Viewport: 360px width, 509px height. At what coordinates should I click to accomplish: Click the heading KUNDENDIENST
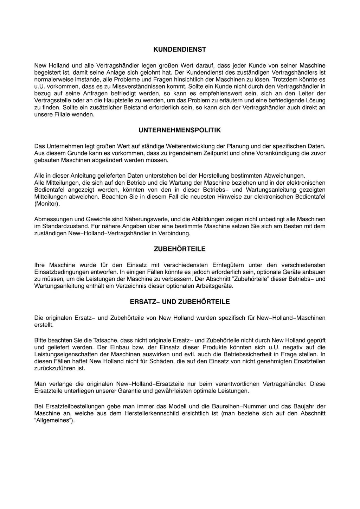[180, 50]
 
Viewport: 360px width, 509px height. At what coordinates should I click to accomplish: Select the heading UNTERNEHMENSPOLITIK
[180, 130]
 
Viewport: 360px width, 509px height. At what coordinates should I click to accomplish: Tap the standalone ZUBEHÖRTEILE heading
[180, 249]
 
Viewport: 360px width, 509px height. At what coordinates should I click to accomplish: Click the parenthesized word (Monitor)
[47, 204]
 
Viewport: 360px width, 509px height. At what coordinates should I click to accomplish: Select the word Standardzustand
[60, 226]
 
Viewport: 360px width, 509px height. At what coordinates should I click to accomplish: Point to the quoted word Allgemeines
[53, 421]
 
